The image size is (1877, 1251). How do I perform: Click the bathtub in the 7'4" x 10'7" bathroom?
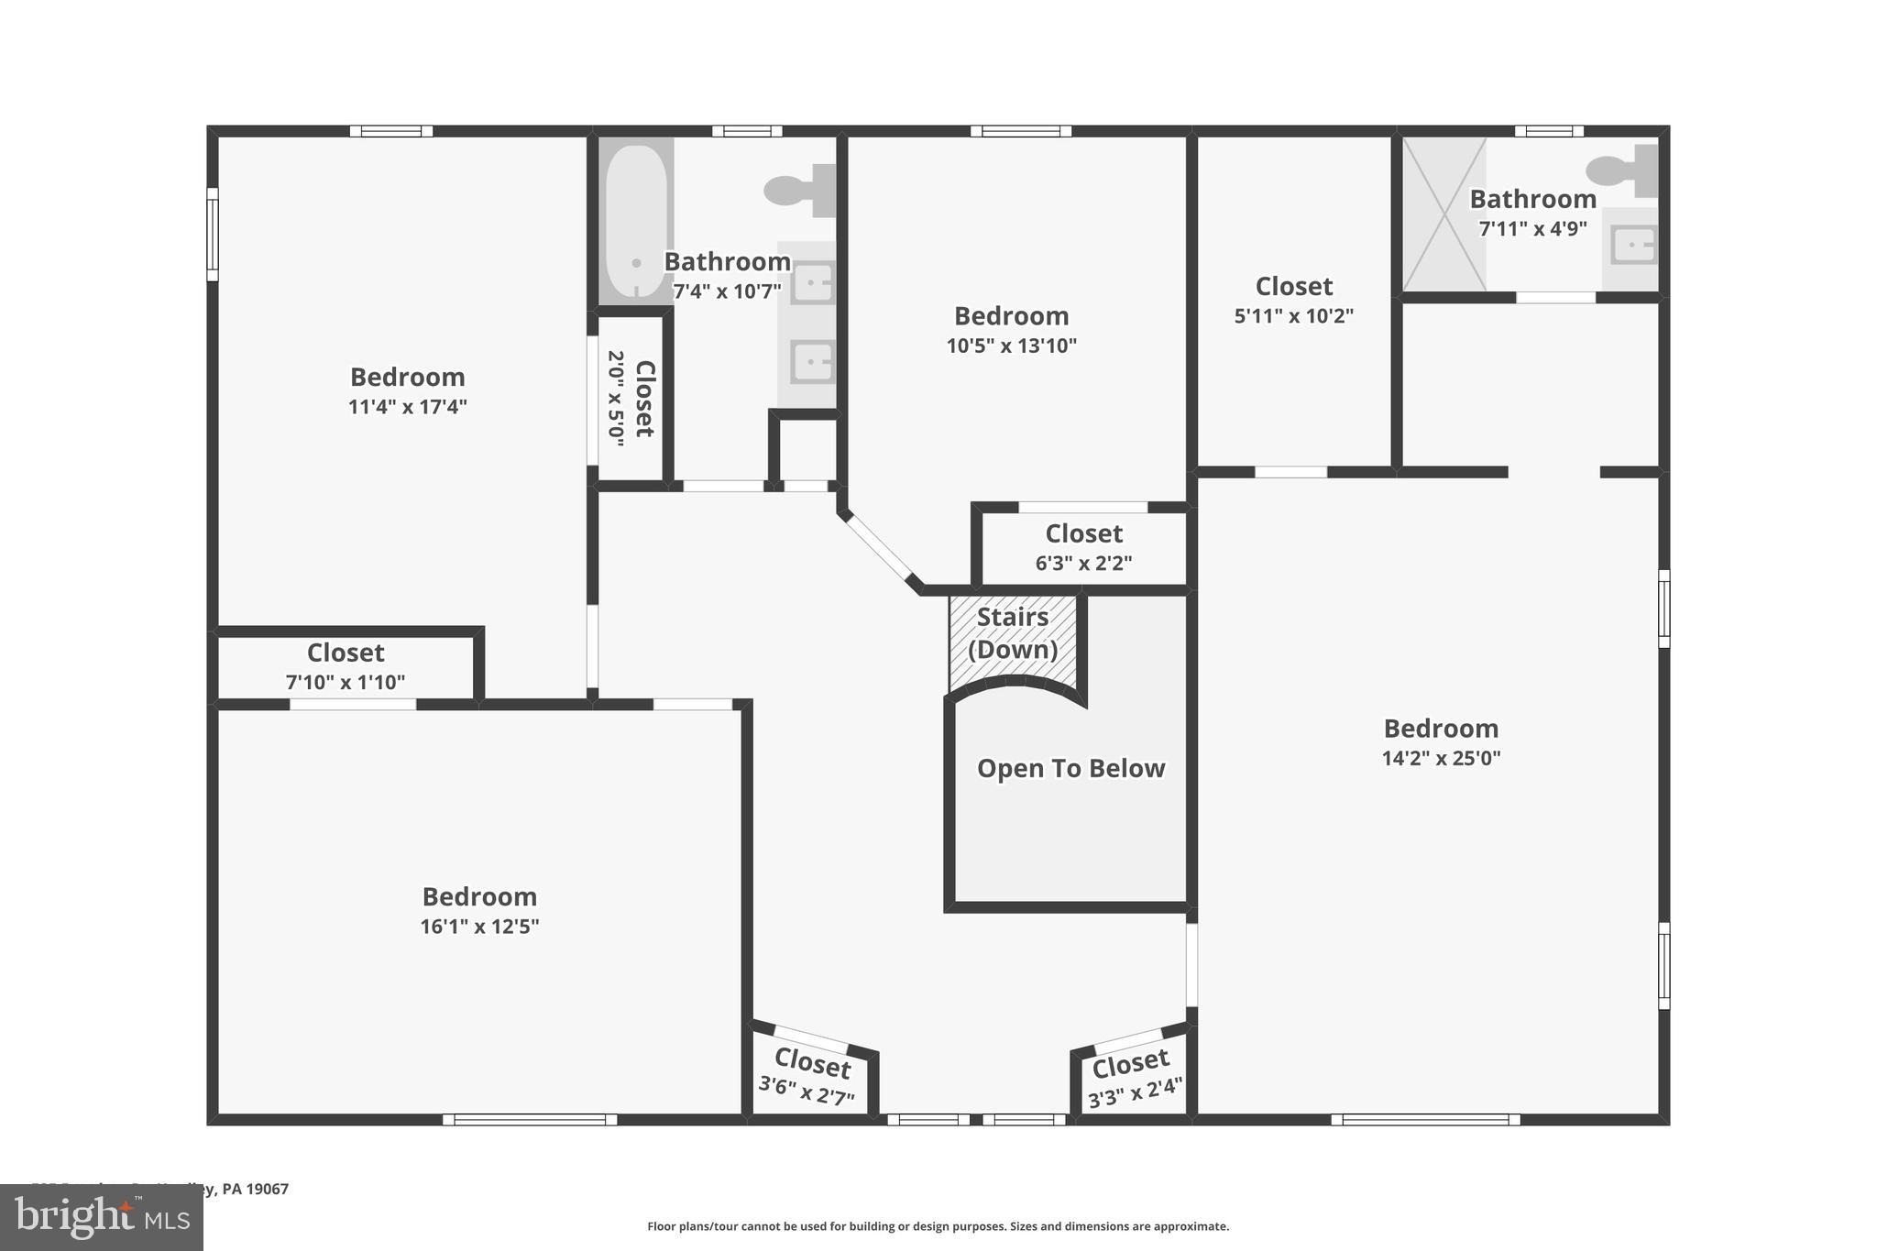click(x=636, y=222)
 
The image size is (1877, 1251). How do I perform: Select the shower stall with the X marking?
click(x=1444, y=214)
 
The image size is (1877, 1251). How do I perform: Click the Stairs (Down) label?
click(x=1013, y=633)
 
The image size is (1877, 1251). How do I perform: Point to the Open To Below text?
click(x=1070, y=768)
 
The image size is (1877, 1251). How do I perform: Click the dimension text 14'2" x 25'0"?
click(x=1441, y=758)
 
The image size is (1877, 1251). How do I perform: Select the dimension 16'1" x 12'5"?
click(x=479, y=926)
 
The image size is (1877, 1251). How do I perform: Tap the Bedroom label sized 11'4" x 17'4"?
click(x=408, y=377)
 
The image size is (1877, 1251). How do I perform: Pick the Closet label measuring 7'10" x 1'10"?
click(x=346, y=653)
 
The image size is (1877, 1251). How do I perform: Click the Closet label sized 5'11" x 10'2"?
click(x=1293, y=286)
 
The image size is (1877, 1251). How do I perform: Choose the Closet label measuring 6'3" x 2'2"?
click(x=1083, y=533)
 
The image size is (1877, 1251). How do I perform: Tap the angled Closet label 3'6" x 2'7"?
click(x=812, y=1064)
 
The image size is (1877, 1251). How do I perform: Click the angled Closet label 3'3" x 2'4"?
click(x=1131, y=1063)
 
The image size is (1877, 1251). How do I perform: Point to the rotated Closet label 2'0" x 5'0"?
click(x=644, y=398)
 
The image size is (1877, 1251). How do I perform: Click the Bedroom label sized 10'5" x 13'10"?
click(x=1011, y=316)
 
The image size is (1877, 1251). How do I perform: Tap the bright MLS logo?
click(x=101, y=1217)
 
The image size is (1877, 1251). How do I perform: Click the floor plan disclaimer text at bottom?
click(x=938, y=1226)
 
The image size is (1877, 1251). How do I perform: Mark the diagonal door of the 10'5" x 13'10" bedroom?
click(x=880, y=548)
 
